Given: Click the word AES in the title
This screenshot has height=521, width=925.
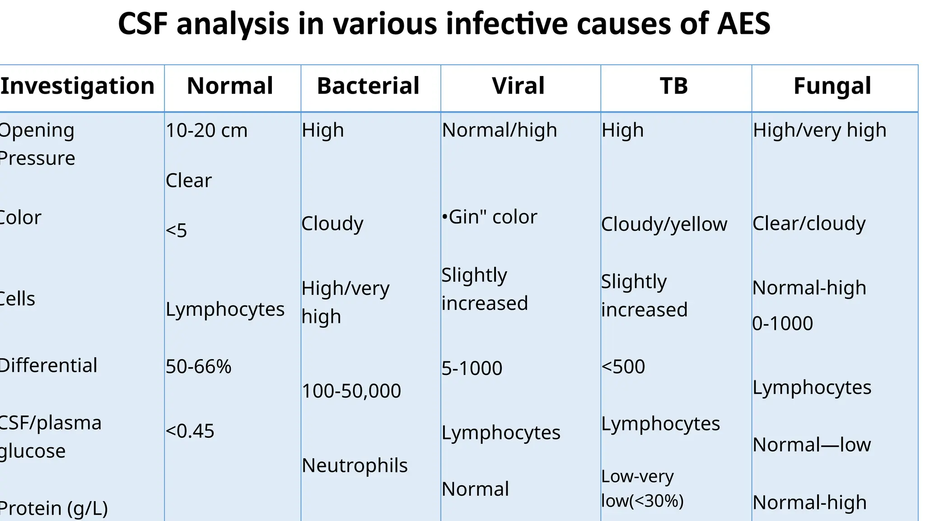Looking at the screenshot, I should coord(743,24).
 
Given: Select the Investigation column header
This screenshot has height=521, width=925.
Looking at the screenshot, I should coord(78,86).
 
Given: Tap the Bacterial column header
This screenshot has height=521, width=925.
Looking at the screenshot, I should coord(368,86).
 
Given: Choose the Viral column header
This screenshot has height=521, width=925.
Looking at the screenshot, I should coord(518,86).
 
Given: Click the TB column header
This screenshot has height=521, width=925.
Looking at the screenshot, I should coord(673,86).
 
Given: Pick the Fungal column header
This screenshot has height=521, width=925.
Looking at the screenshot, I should coord(832,86).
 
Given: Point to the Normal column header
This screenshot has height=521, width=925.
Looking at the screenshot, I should coord(230,86).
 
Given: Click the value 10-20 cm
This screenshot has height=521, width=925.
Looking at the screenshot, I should coord(206,131).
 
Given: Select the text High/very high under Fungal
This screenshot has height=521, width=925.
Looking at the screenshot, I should coord(819,130).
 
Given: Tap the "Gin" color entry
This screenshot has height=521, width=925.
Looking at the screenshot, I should coord(490,217).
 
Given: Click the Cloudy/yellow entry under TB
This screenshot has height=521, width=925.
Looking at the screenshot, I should coord(664,224).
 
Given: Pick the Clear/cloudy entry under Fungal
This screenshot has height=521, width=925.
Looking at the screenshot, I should coord(808,223).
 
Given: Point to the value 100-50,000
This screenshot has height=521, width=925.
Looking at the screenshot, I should coord(351,391).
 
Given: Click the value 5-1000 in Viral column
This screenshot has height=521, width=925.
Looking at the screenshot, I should coord(472,369).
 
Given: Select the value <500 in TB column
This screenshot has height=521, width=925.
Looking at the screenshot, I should coord(623,367).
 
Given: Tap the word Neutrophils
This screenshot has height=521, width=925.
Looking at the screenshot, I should coord(355,465).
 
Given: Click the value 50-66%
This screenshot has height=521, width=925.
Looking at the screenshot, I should coord(198,366).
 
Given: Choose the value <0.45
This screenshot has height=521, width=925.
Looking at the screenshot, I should coord(190,431).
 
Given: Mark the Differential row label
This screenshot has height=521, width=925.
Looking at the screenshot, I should coord(48,365).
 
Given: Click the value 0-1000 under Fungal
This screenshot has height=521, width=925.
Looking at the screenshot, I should coord(782,324).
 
